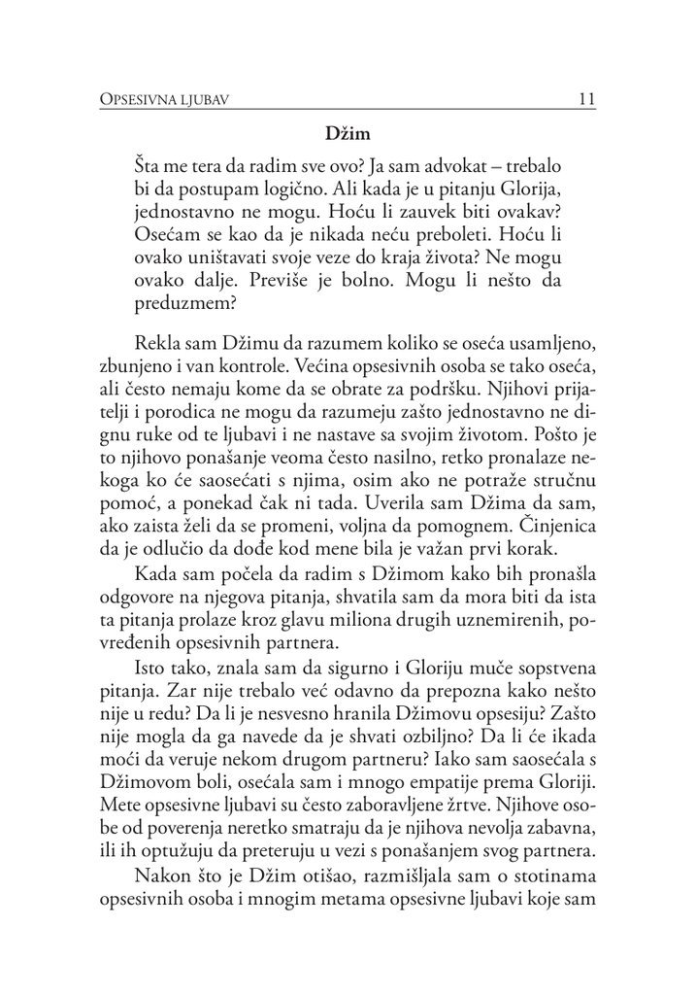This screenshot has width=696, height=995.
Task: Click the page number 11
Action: click(x=585, y=98)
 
